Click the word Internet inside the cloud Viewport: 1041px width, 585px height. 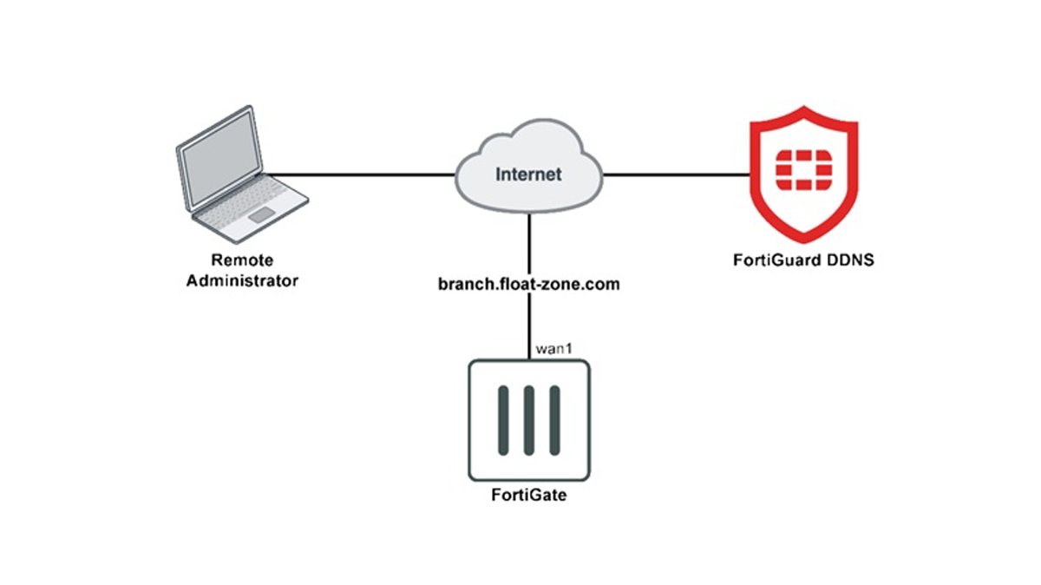click(x=528, y=174)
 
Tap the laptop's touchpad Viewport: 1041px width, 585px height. click(x=261, y=215)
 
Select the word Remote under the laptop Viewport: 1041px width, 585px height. click(x=242, y=260)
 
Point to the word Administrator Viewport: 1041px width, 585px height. click(x=242, y=281)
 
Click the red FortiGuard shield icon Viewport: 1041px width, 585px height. click(x=803, y=174)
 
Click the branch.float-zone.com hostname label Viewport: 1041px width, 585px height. click(x=529, y=284)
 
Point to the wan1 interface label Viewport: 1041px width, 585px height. click(x=553, y=348)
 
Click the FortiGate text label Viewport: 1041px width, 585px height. click(x=529, y=495)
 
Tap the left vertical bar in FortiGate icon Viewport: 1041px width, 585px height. click(x=503, y=420)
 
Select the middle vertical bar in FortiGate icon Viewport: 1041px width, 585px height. click(x=529, y=420)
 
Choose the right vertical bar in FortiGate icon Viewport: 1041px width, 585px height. click(x=554, y=420)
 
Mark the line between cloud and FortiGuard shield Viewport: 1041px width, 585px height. click(x=677, y=174)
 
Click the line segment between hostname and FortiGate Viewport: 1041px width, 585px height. click(x=529, y=326)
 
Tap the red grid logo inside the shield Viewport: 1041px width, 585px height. click(x=803, y=170)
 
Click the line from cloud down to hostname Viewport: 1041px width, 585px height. click(x=529, y=244)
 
